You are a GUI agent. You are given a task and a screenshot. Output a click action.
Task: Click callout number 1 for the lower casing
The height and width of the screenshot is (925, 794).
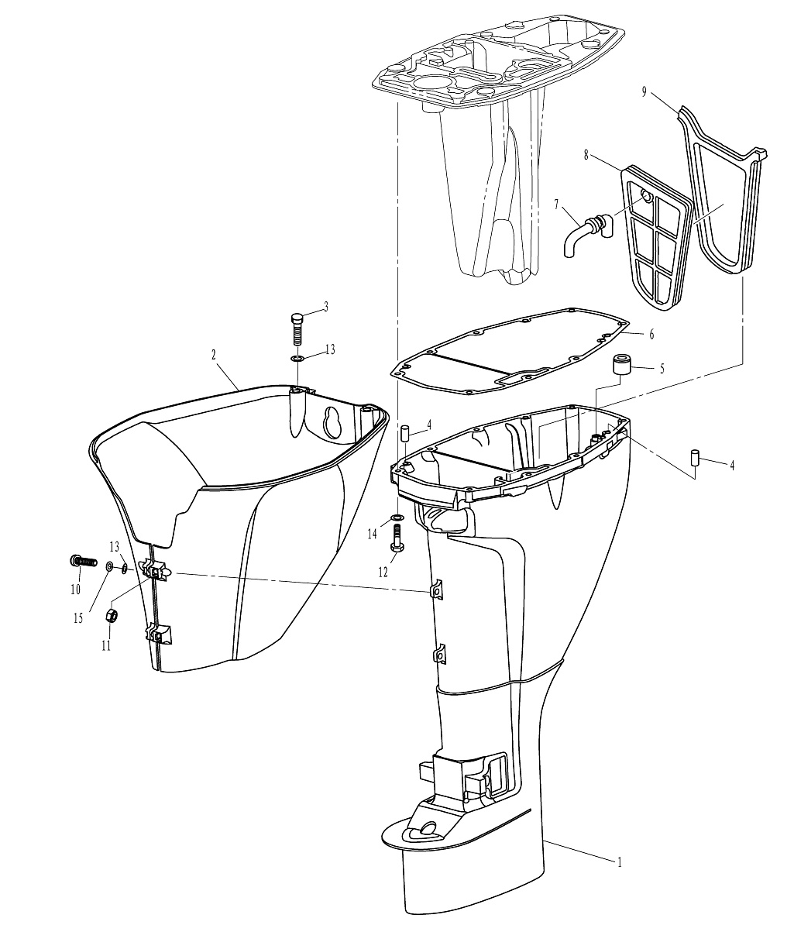[x=620, y=862]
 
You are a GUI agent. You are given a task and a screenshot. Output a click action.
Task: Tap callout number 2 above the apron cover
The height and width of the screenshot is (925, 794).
[x=214, y=355]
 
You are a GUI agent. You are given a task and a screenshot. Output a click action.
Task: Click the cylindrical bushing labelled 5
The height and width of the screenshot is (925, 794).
[x=620, y=365]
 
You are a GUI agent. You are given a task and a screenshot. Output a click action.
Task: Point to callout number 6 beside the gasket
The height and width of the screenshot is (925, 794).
[x=651, y=335]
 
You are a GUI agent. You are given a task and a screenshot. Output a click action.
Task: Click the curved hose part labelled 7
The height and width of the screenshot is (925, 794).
[x=587, y=233]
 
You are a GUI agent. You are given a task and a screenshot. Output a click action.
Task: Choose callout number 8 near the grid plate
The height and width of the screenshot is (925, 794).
[x=586, y=155]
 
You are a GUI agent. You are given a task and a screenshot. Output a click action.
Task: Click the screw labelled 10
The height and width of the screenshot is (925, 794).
[x=83, y=562]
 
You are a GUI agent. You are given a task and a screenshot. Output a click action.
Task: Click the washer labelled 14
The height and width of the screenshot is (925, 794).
[x=397, y=518]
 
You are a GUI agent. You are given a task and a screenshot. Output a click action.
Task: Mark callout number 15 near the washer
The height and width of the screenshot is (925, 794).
[x=78, y=618]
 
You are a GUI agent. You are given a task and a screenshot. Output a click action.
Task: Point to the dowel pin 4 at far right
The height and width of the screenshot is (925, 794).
[x=695, y=456]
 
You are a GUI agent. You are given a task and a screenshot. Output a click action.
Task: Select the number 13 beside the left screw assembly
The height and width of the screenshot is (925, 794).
[x=114, y=546]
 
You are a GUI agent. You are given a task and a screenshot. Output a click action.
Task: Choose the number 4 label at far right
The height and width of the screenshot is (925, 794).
[x=732, y=466]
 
